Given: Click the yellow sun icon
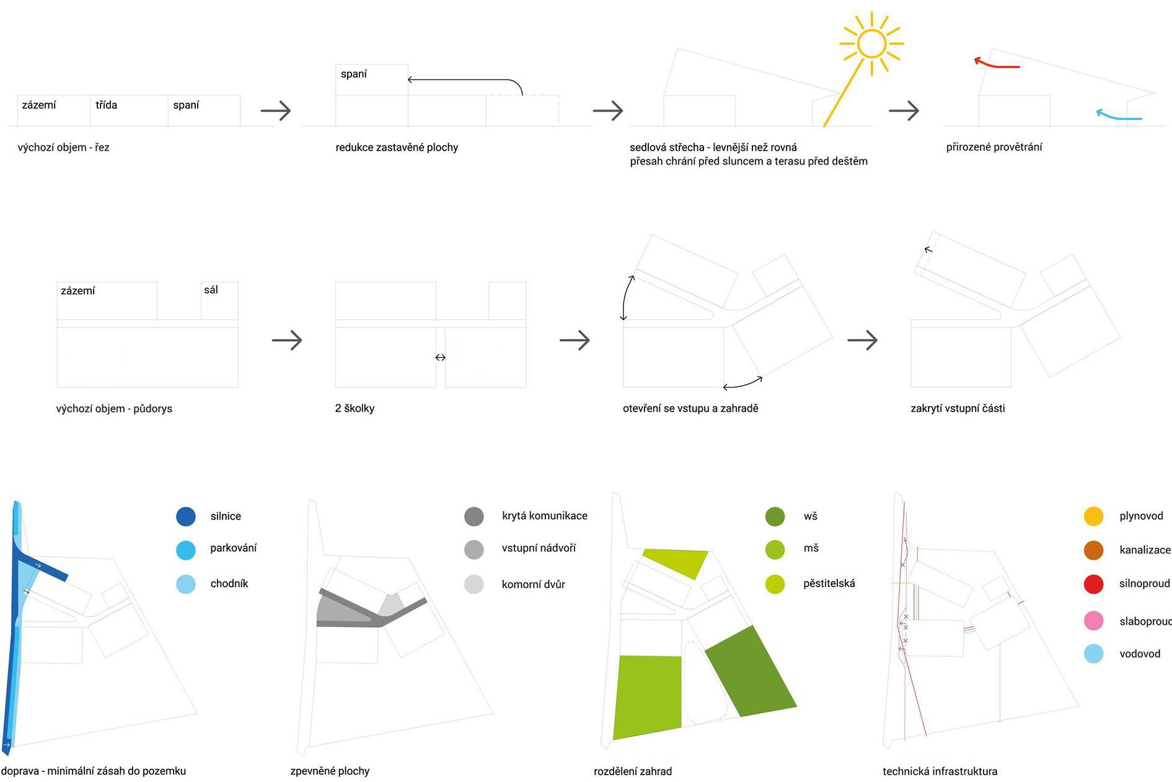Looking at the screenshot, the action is coord(871,43).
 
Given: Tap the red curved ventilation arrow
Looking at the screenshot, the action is coord(996,63).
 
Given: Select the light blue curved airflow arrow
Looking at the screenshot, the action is coord(1118,115).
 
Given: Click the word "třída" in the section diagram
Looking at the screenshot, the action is coord(106,105).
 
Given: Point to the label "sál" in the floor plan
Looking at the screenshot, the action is coord(211,290).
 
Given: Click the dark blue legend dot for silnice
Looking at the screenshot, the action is coord(186,516).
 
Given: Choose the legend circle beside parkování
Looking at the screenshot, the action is coord(186,550).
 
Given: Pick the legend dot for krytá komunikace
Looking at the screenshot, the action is coord(474,516).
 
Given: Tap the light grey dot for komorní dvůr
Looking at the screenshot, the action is coord(474,584).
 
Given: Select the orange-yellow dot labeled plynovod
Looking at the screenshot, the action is coord(1093,516).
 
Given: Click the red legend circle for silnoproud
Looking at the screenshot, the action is coord(1093,584).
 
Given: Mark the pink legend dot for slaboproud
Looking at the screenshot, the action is coord(1093,620).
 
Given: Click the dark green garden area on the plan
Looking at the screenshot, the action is coord(750,672).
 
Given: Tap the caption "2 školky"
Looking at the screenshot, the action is coord(355,408).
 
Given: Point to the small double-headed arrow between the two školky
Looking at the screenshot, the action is coord(440,357).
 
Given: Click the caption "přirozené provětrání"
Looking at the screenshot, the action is coord(994,147).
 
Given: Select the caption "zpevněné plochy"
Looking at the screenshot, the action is coord(330,771).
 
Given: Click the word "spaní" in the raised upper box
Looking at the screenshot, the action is coord(353,74).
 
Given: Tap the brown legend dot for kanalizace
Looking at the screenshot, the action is coord(1093,550).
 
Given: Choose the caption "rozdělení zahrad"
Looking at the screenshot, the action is coord(632,771).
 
